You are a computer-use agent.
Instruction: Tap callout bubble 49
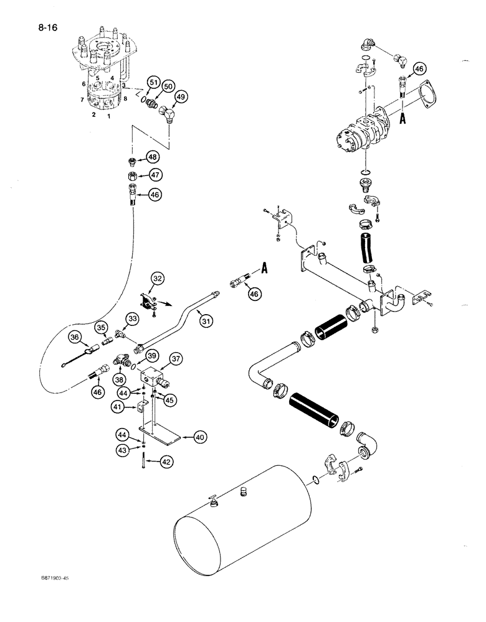point(181,98)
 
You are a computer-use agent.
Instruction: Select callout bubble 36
point(75,337)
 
